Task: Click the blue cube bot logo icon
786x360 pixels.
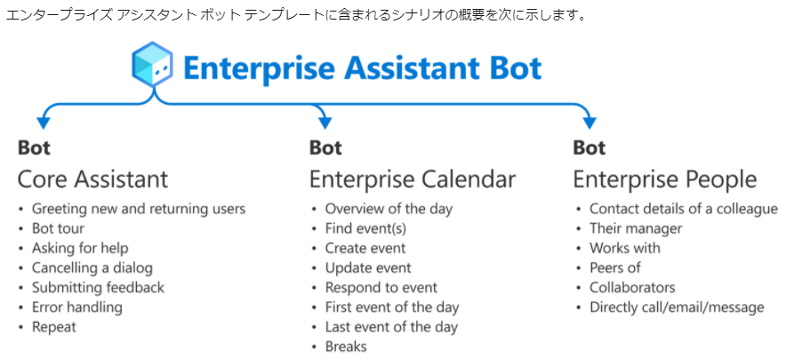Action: (x=152, y=68)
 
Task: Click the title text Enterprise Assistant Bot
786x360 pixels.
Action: (x=363, y=68)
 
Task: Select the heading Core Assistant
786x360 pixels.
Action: (x=92, y=179)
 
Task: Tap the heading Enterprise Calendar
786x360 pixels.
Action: (x=412, y=179)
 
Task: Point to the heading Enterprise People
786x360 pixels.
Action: (x=665, y=179)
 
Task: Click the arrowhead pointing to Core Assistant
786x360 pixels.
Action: (x=44, y=122)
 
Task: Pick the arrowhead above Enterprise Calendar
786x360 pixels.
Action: (x=325, y=122)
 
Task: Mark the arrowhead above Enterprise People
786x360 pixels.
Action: (x=589, y=122)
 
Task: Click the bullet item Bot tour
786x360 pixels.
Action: (x=58, y=228)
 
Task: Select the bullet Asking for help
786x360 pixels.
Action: (x=80, y=248)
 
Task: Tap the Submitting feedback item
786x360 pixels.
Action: (x=98, y=288)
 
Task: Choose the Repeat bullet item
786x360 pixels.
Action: (x=54, y=327)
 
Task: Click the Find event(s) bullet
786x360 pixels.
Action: (x=365, y=228)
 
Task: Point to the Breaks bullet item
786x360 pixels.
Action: (x=346, y=346)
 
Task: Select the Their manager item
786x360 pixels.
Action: (x=636, y=228)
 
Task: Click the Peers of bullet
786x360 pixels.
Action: (x=615, y=268)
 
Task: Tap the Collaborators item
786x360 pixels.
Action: (x=632, y=288)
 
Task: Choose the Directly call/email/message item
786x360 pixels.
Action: (x=677, y=308)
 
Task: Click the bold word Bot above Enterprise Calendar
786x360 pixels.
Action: (x=325, y=148)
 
